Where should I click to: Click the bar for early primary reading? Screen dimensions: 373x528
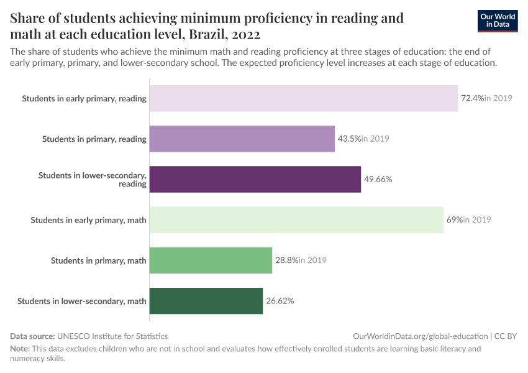[x=304, y=98]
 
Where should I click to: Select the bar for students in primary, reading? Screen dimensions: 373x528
[x=242, y=139]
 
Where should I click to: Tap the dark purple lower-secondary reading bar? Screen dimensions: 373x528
[x=255, y=179]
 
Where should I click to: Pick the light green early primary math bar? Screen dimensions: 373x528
[x=296, y=219]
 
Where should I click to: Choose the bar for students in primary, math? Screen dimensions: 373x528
[x=211, y=260]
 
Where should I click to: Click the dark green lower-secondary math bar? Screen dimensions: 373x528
[x=206, y=301]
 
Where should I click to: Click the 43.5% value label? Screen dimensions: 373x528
[x=349, y=139]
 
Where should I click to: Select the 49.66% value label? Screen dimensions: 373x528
[x=378, y=179]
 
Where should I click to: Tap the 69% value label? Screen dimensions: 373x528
[x=455, y=219]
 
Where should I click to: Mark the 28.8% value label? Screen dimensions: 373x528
[x=286, y=260]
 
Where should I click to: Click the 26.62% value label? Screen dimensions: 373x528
[x=280, y=301]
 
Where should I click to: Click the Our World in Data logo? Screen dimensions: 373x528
[x=498, y=21]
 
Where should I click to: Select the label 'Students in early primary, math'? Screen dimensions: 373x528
[x=88, y=219]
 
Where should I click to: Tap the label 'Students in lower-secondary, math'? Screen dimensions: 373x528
[x=82, y=301]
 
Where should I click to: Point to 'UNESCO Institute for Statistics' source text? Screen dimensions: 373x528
[x=112, y=336]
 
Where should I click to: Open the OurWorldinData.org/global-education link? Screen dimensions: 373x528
[x=420, y=336]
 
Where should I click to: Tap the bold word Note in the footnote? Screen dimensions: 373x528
[x=19, y=349]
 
